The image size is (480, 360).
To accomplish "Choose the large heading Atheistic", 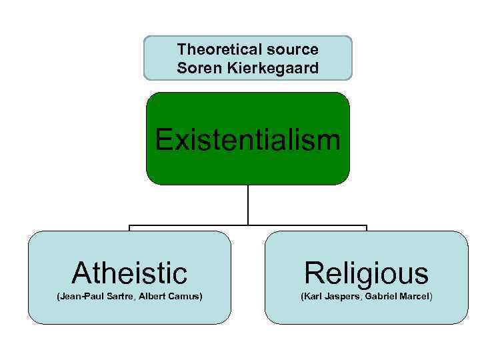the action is pos(129,273).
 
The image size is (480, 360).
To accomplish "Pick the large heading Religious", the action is pos(367,273).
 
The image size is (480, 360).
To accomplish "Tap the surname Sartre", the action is pos(119,296).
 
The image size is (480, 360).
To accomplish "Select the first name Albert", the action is pos(152,296).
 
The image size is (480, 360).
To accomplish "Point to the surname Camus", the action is pos(185,296).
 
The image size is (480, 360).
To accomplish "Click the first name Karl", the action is pos(313,296).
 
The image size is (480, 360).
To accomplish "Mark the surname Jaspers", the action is pos(345,296).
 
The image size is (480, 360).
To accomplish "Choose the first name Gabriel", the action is pos(383,296).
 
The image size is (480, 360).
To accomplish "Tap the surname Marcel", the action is pos(417,296).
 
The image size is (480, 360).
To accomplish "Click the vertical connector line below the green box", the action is pos(247,204).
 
